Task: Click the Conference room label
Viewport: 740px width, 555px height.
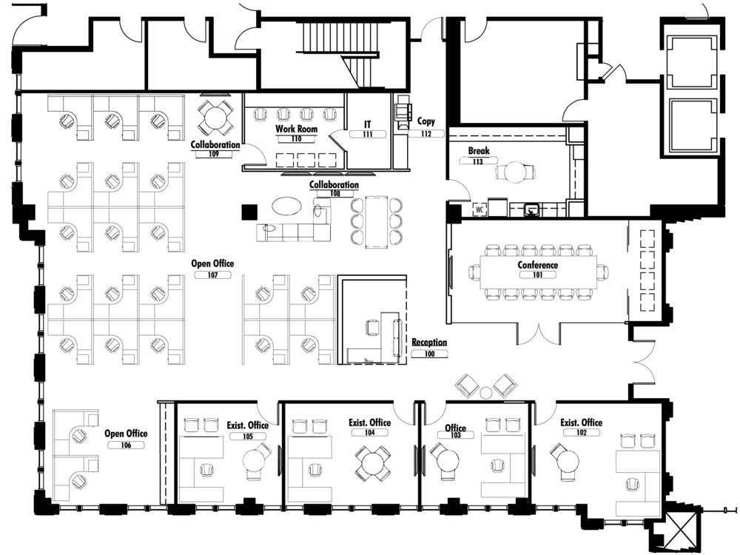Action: coord(537,265)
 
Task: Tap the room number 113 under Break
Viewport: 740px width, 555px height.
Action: coord(477,161)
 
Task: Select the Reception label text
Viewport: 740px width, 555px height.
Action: coord(429,342)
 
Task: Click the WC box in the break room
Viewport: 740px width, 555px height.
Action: coord(480,209)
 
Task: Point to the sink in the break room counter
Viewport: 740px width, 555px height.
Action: coord(532,208)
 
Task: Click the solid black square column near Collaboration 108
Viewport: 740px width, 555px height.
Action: coord(249,212)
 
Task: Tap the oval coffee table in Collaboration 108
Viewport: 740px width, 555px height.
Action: coord(287,206)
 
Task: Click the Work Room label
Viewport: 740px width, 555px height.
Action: coord(297,128)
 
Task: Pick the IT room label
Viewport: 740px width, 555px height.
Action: coord(367,124)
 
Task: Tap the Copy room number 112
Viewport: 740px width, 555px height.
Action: coord(426,133)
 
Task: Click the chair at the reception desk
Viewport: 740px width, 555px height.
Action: coord(372,328)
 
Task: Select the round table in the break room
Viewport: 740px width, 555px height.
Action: coord(514,172)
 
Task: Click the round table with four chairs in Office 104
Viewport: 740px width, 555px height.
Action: coord(371,463)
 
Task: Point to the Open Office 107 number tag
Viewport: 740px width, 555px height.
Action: coord(212,275)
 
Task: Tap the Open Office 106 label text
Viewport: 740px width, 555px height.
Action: coord(126,433)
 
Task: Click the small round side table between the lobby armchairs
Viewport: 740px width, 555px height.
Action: coord(486,391)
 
